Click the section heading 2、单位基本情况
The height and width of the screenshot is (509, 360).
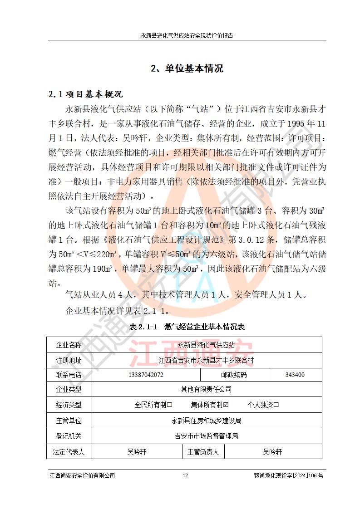(187, 69)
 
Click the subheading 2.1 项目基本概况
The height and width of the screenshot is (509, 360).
(86, 94)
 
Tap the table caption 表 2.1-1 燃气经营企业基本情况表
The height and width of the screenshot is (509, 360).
(187, 327)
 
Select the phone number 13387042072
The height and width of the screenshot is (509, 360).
(146, 375)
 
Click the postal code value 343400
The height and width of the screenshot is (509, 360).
(295, 375)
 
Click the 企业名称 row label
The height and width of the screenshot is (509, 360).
(69, 345)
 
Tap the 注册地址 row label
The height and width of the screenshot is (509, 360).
(69, 361)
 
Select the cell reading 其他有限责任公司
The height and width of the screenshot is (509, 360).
(207, 389)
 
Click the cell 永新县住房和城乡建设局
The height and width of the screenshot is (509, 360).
(207, 421)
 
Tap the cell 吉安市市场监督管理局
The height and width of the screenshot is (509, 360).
(207, 436)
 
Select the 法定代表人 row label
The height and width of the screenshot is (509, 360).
(69, 452)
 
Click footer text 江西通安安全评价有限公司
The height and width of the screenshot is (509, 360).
(82, 475)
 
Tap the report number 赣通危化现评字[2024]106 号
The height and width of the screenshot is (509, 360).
(289, 475)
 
